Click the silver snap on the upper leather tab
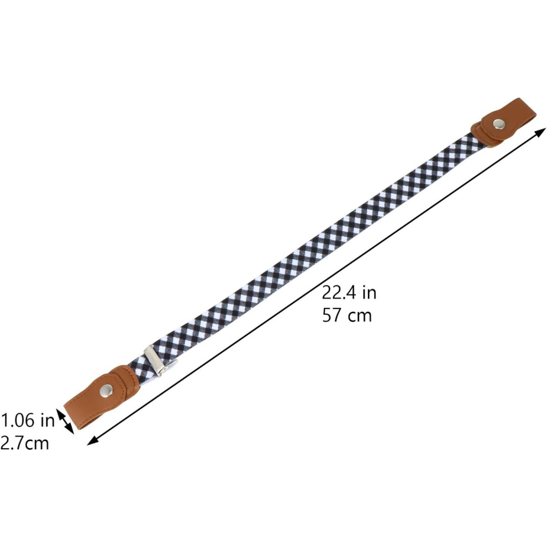pos(498,123)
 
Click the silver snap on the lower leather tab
pos(106,390)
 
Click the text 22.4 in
pos(349,292)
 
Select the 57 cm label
pos(347,315)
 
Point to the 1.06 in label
pos(28,420)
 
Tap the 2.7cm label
pos(24,443)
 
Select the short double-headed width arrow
pos(65,422)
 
